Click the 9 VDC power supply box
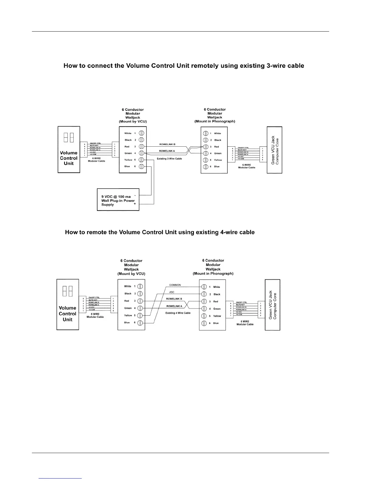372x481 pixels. click(x=118, y=200)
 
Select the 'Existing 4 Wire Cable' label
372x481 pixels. click(x=178, y=313)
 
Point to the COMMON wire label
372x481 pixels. click(x=175, y=285)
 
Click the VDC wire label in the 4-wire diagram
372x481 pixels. click(x=171, y=292)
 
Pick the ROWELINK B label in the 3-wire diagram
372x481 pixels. click(x=167, y=144)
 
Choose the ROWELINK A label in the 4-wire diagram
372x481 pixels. click(x=174, y=306)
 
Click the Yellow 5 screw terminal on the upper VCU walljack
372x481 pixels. click(x=141, y=160)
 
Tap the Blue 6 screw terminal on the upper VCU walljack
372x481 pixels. click(x=141, y=167)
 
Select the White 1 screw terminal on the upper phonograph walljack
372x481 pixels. click(x=206, y=134)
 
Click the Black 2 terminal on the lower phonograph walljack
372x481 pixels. click(x=204, y=294)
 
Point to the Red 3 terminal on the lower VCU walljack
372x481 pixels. click(x=140, y=301)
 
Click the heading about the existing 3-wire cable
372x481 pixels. click(x=184, y=66)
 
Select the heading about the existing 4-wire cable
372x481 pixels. click(x=160, y=232)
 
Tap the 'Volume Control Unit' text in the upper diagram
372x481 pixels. click(x=69, y=158)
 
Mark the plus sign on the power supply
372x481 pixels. click(x=135, y=204)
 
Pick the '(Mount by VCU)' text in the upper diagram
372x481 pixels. click(x=133, y=121)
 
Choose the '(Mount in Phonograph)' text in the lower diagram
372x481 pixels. click(x=213, y=274)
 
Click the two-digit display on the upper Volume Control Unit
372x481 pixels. click(x=68, y=138)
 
